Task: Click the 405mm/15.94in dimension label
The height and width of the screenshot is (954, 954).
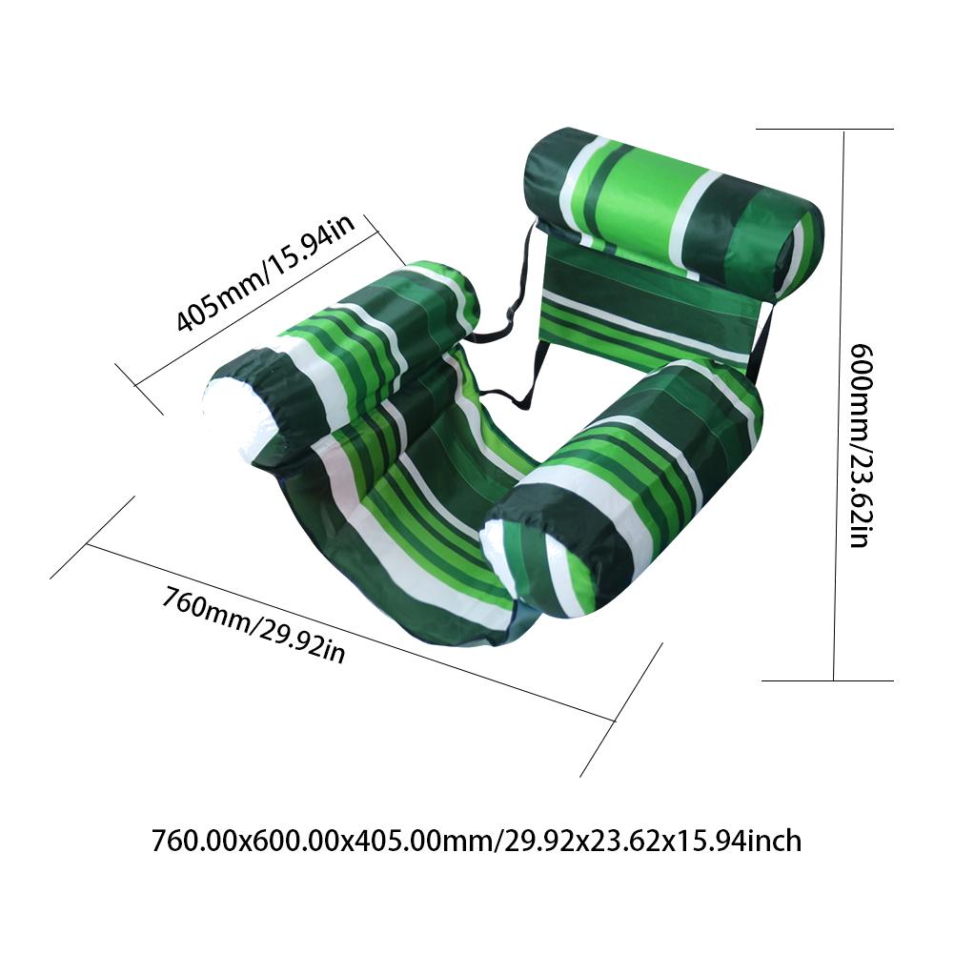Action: pos(266,273)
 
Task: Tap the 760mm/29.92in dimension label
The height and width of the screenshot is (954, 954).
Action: pos(254,624)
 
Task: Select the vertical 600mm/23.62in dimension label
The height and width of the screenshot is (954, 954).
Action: pos(862,446)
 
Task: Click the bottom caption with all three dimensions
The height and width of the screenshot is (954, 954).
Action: pos(477,842)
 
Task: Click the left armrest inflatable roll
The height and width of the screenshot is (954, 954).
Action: pos(341,365)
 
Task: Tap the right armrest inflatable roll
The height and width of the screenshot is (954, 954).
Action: pos(620,494)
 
